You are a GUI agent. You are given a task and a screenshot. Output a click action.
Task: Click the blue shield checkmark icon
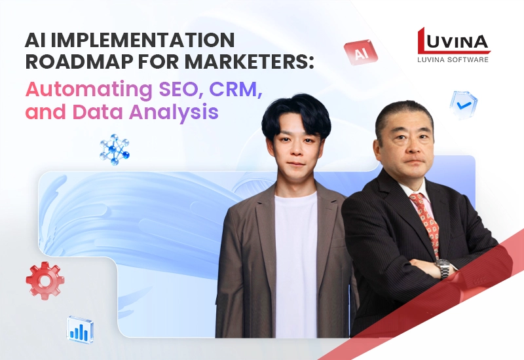pos(464,104)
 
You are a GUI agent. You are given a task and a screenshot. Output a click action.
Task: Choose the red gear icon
pos(45,280)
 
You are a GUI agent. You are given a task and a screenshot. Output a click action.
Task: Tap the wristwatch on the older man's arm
pos(444,268)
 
